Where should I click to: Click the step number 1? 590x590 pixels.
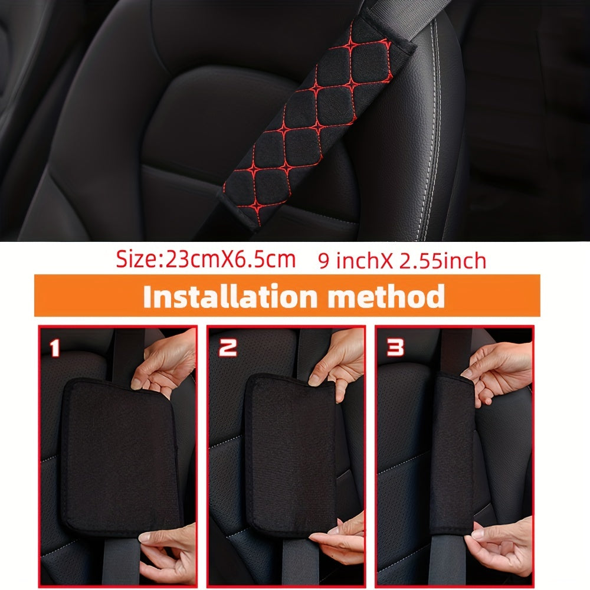[x=54, y=348]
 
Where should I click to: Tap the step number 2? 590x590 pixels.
[x=228, y=348]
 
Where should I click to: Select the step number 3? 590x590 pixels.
[x=395, y=348]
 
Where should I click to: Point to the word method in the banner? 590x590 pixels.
[x=386, y=297]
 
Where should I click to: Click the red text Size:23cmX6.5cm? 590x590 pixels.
[x=205, y=260]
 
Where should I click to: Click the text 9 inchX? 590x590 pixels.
[x=350, y=261]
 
